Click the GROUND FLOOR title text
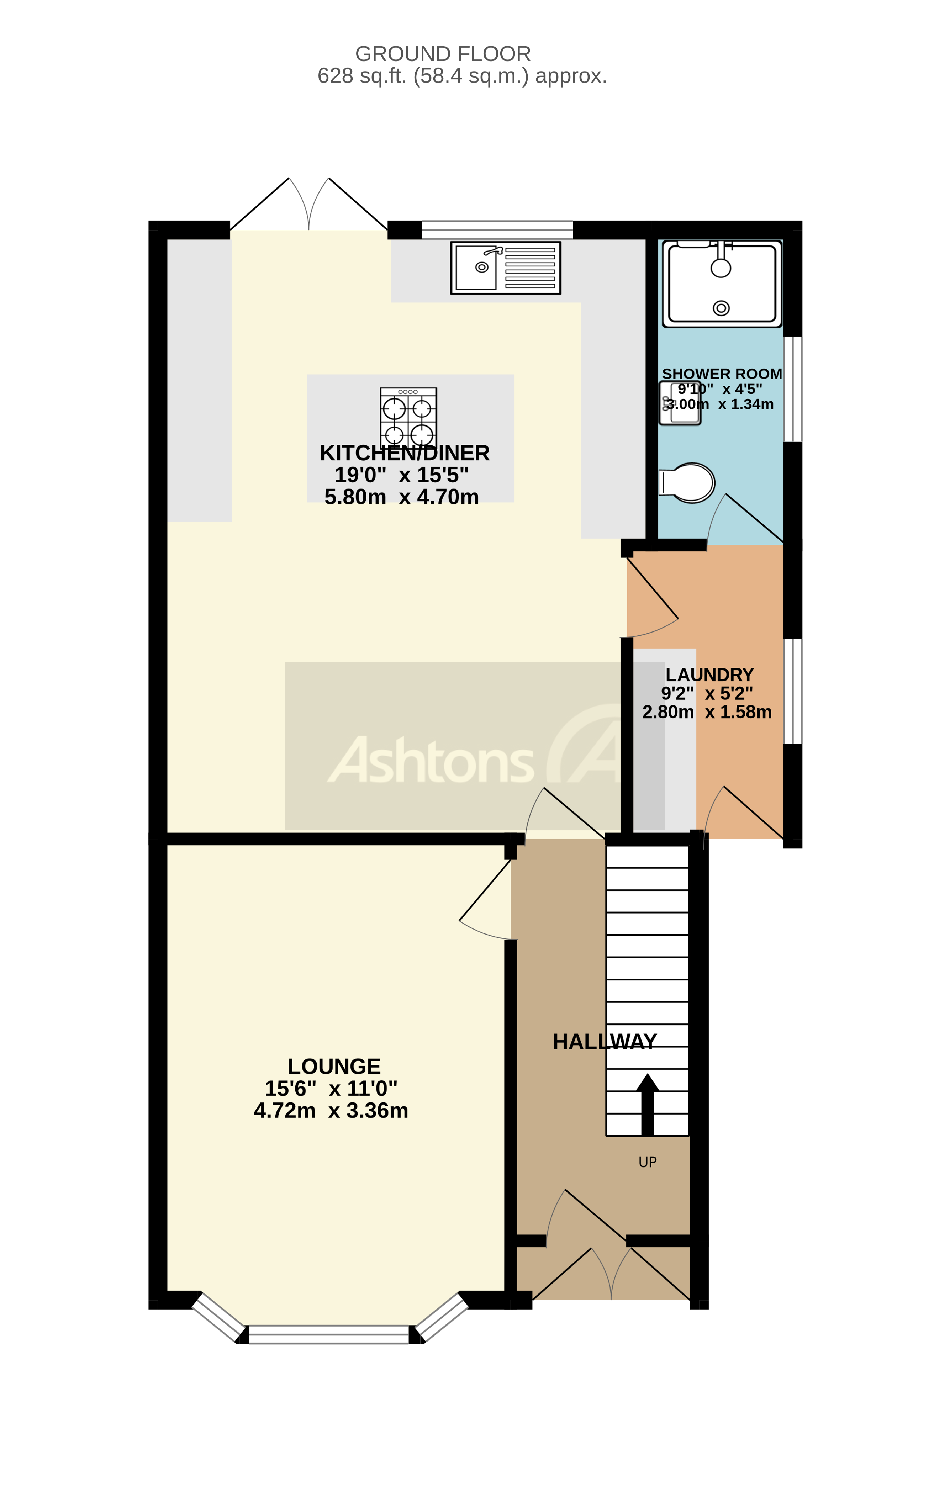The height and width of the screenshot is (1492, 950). [x=443, y=54]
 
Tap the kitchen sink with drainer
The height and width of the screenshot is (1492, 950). [x=505, y=268]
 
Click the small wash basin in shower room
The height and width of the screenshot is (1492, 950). [x=680, y=403]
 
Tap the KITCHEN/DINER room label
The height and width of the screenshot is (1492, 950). [x=405, y=453]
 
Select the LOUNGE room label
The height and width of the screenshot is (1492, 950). [x=334, y=1066]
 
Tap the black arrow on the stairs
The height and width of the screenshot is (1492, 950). [x=648, y=1104]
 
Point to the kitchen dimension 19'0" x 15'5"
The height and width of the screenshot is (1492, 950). [x=402, y=475]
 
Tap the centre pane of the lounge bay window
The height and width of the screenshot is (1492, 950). [x=329, y=1334]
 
